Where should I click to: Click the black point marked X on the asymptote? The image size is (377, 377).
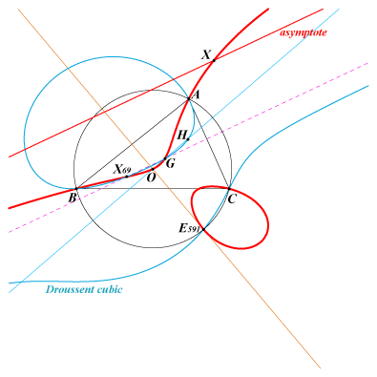click(214, 60)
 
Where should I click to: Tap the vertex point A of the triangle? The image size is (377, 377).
click(188, 99)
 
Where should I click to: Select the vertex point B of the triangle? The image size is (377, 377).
click(76, 189)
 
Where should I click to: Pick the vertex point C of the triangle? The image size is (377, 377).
click(229, 189)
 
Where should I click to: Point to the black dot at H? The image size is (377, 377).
click(188, 139)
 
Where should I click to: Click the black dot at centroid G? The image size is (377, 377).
click(165, 158)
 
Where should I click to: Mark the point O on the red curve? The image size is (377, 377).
click(153, 169)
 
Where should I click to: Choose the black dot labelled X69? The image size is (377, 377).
click(127, 177)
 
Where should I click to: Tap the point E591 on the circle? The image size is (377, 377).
click(203, 229)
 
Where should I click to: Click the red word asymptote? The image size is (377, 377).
click(304, 32)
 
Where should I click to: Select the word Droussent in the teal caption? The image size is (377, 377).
click(70, 289)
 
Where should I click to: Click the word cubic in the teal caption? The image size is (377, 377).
click(110, 289)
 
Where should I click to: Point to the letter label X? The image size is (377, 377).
click(206, 54)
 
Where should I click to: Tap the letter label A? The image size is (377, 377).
click(196, 94)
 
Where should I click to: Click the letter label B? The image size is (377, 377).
click(73, 198)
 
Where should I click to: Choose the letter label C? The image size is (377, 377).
click(232, 199)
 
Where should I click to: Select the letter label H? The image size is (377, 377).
click(181, 136)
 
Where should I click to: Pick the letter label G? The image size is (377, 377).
click(171, 164)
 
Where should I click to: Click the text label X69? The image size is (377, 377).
click(122, 169)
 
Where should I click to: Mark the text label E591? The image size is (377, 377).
click(189, 228)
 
